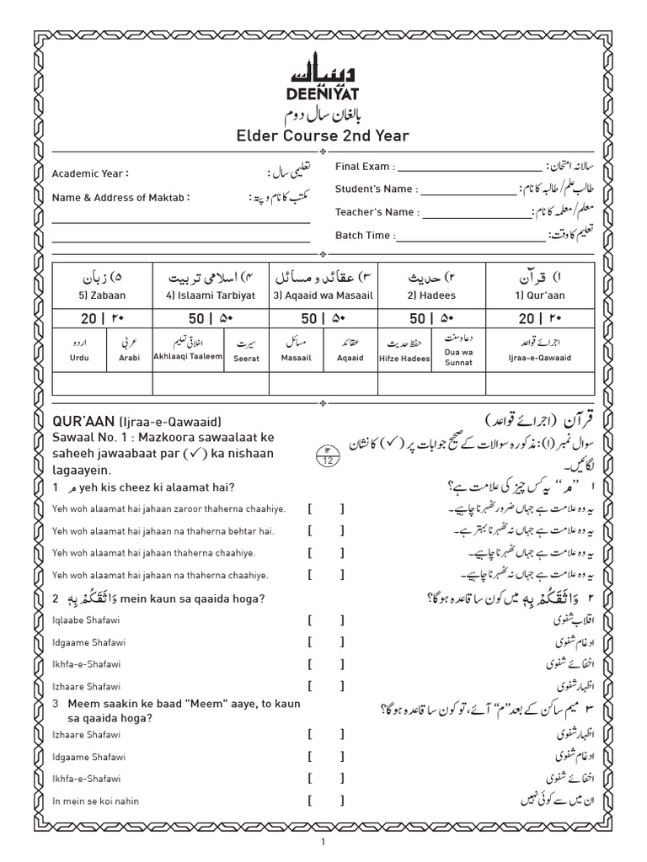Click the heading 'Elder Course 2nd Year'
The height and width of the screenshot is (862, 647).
[x=323, y=136]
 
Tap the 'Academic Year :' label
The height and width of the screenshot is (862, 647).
[x=90, y=173]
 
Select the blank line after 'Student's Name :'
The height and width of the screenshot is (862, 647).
[x=467, y=189]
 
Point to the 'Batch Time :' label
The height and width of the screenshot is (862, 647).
[x=362, y=236]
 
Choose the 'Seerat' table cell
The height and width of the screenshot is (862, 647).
[x=246, y=359]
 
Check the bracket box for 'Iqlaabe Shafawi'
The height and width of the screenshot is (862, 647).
[x=326, y=620]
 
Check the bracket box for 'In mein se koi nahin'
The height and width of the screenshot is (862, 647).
[x=326, y=801]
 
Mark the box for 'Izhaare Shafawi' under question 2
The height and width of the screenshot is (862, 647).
[x=326, y=686]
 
